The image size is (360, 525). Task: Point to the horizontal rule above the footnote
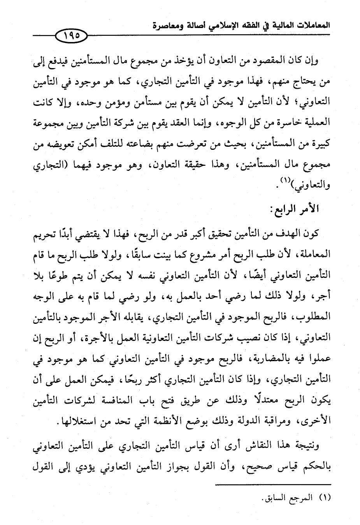point(272,485)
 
